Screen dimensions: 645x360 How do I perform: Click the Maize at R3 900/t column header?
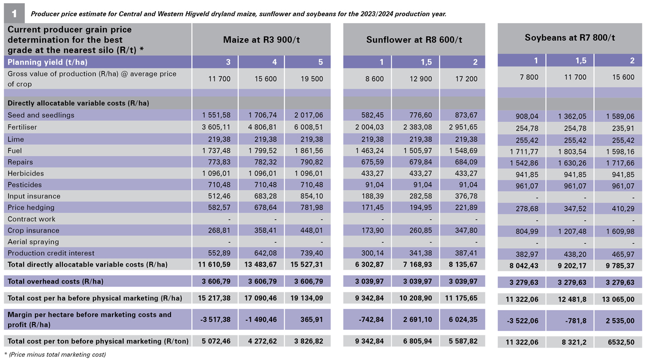[x=261, y=40]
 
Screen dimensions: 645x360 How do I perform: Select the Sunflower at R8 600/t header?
[x=414, y=40]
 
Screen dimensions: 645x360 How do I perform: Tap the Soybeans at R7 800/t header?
[x=570, y=38]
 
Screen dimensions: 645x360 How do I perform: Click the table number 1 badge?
[x=14, y=13]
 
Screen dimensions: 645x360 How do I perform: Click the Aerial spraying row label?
[x=33, y=242]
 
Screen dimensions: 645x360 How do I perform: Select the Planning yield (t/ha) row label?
[x=47, y=62]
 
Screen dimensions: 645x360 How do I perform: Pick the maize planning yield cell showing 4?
[x=275, y=62]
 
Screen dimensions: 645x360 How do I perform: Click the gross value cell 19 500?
[x=312, y=79]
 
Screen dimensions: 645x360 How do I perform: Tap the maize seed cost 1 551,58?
[x=216, y=115]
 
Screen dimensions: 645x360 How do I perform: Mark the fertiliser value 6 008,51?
[x=309, y=127]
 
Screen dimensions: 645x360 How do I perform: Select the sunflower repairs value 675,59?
[x=372, y=162]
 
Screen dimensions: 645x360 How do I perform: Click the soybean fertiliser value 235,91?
[x=623, y=128]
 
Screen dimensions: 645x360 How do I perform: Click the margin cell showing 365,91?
[x=312, y=319]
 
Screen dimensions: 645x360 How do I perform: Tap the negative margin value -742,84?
[x=371, y=319]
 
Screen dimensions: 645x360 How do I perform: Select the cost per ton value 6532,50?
[x=621, y=342]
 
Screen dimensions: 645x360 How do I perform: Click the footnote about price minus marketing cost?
[x=55, y=355]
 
